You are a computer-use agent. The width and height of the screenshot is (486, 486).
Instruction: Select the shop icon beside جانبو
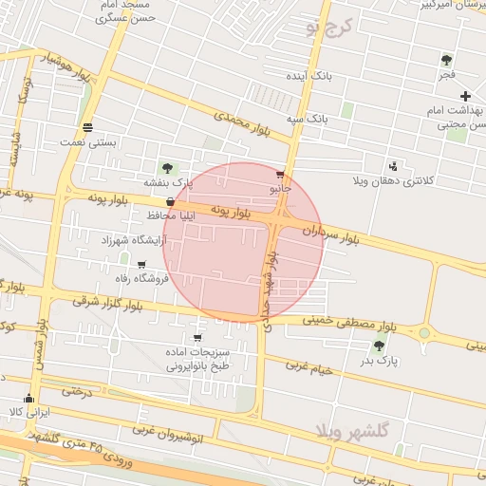click(x=279, y=175)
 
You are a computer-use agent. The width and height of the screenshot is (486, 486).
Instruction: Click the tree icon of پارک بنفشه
click(x=168, y=168)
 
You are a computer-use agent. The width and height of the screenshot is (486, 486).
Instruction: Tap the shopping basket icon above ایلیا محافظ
click(x=170, y=202)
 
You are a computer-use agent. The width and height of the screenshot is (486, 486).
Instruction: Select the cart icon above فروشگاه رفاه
click(x=141, y=265)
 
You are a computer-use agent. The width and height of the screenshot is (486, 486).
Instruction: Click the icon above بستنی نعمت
click(x=88, y=128)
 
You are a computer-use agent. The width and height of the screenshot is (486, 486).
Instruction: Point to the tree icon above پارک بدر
click(x=380, y=346)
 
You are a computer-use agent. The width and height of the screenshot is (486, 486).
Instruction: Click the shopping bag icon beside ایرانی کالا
click(x=28, y=399)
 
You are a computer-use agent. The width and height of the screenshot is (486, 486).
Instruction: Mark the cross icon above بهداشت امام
click(x=465, y=96)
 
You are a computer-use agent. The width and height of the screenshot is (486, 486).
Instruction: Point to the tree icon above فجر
click(x=446, y=60)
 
